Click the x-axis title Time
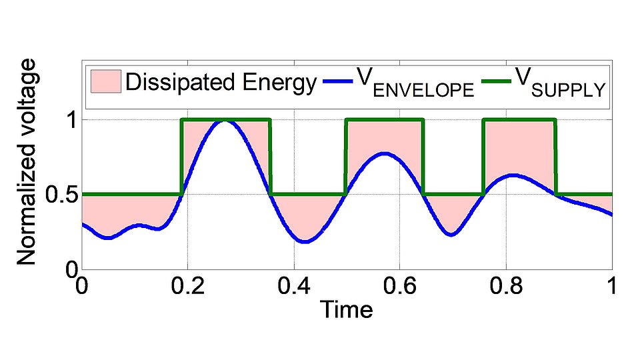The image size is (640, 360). point(346,309)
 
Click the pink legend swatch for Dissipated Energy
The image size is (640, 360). point(104,83)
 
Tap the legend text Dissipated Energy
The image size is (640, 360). point(221,83)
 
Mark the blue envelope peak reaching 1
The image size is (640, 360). point(225,121)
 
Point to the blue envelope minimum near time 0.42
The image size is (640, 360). point(305,242)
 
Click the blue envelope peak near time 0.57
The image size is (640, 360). point(384,153)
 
